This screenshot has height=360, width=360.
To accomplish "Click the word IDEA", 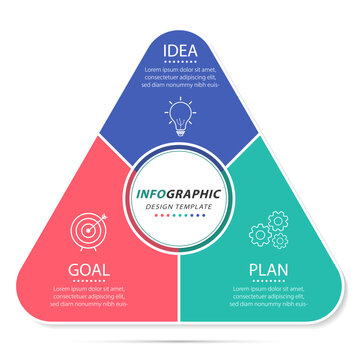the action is tap(181, 49).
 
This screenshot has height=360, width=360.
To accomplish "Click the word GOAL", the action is tap(89, 269).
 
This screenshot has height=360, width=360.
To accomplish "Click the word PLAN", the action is tap(269, 269).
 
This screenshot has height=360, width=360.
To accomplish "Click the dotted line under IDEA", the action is tap(181, 61).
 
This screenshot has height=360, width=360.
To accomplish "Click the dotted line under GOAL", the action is tap(89, 281).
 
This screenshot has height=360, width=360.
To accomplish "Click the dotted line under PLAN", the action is tap(269, 281).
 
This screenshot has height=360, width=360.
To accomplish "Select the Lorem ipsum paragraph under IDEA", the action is tap(181, 77).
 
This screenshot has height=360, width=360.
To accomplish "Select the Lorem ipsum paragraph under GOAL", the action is tap(89, 297).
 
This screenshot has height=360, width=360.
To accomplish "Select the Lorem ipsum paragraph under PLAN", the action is tap(269, 297).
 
